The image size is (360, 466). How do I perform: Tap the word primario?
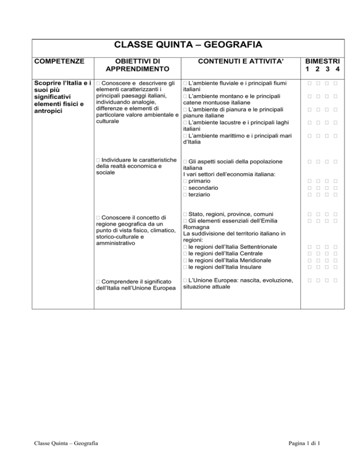tap(199, 181)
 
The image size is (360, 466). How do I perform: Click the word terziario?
tap(200, 194)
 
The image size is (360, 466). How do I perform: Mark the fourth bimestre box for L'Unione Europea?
tap(337, 280)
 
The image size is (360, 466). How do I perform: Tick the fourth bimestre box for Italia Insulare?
tap(337, 266)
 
